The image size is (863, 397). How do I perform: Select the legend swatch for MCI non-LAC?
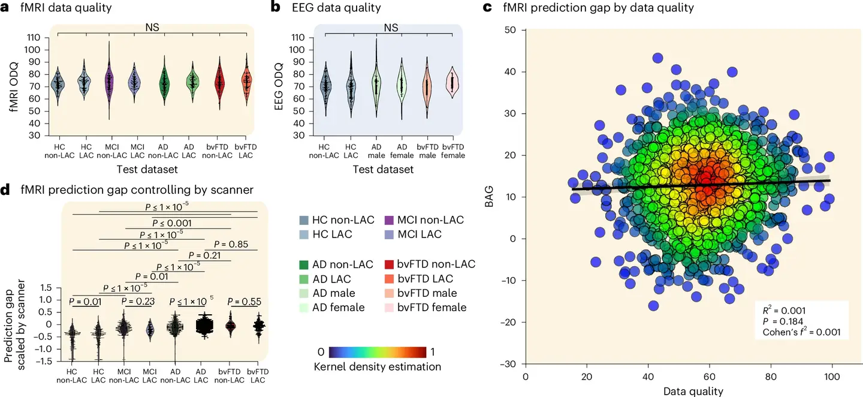(x=387, y=221)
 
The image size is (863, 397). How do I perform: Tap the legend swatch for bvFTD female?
(x=387, y=308)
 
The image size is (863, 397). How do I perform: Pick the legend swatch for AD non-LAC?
(x=304, y=264)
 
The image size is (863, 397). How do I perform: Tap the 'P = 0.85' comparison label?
(x=231, y=244)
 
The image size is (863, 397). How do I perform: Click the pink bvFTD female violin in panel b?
(x=452, y=82)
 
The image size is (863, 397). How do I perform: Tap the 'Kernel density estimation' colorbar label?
(x=377, y=366)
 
